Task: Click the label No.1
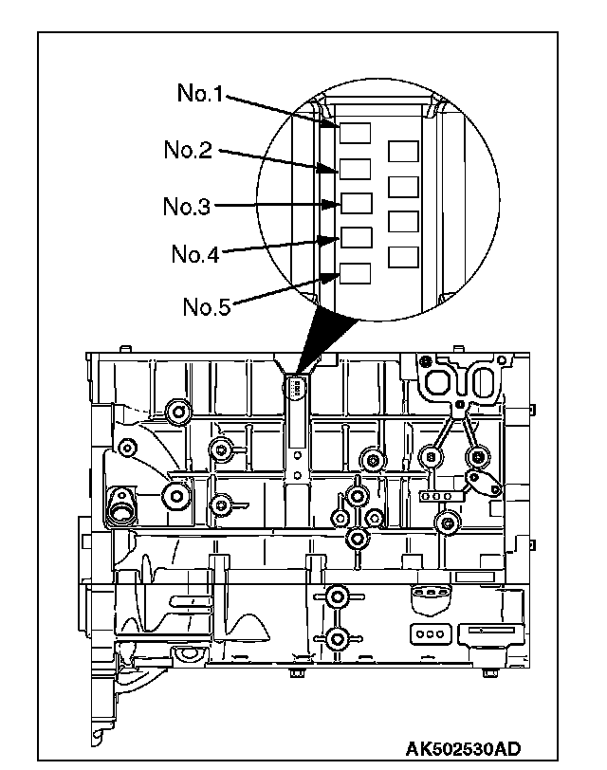pyautogui.click(x=201, y=93)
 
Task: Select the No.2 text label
pyautogui.click(x=188, y=150)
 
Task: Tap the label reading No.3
pyautogui.click(x=187, y=206)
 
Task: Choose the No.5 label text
pyautogui.click(x=207, y=306)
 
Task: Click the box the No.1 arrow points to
pyautogui.click(x=356, y=134)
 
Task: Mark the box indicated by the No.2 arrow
pyautogui.click(x=356, y=170)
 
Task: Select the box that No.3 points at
pyautogui.click(x=356, y=204)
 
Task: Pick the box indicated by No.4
pyautogui.click(x=356, y=237)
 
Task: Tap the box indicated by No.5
pyautogui.click(x=356, y=272)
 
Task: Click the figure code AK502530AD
pyautogui.click(x=464, y=747)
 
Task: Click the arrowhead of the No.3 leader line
pyautogui.click(x=332, y=205)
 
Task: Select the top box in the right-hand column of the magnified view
pyautogui.click(x=404, y=154)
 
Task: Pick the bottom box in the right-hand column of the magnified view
pyautogui.click(x=404, y=258)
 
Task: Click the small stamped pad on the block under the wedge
pyautogui.click(x=296, y=388)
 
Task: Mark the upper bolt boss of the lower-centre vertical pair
pyautogui.click(x=335, y=596)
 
